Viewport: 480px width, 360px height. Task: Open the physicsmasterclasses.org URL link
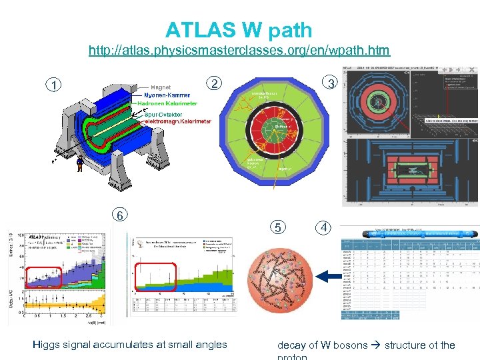[239, 51]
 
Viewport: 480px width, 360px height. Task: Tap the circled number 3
[329, 83]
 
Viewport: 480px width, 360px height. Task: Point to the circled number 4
[323, 227]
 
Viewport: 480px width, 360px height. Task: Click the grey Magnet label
[161, 87]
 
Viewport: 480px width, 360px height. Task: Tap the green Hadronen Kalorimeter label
[167, 104]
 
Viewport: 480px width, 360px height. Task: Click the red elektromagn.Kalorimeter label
[174, 122]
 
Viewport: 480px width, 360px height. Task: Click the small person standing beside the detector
[80, 164]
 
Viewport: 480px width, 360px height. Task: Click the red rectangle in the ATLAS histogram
[44, 275]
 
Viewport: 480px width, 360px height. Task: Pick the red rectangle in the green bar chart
[155, 277]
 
